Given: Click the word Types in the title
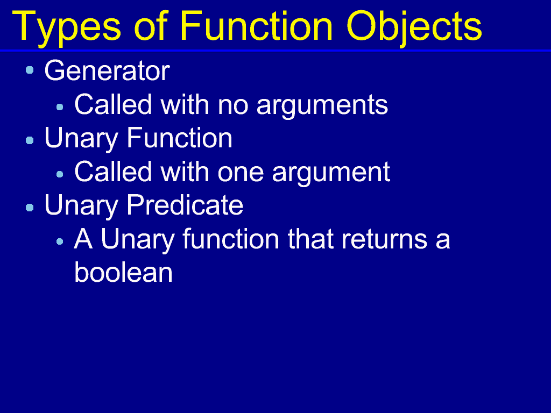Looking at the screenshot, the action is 66,28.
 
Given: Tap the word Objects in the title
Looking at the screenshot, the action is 414,28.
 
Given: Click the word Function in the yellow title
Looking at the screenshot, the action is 257,26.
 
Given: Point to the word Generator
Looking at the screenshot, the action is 107,70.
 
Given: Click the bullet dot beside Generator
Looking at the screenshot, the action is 30,70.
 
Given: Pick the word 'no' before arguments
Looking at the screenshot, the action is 233,105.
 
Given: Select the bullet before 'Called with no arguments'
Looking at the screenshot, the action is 60,107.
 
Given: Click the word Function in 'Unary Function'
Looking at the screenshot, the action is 179,138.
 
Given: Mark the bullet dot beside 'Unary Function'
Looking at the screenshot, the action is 30,140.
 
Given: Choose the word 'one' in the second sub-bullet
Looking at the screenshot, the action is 241,172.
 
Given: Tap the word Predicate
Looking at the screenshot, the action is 185,205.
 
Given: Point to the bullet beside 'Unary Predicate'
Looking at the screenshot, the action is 30,208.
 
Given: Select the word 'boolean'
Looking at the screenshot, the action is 123,273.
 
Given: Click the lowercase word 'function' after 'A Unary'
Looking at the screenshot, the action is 231,239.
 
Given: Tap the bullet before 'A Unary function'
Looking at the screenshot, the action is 60,241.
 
